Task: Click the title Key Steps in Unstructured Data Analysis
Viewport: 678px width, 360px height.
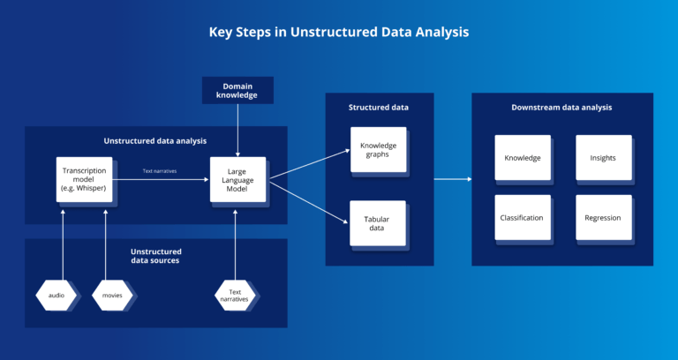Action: pos(339,32)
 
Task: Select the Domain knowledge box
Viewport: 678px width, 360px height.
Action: pos(237,90)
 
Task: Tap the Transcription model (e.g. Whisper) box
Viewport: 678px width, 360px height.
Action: pos(85,179)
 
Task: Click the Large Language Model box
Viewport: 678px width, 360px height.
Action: pos(237,179)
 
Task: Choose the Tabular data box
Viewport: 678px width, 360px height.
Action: pos(378,222)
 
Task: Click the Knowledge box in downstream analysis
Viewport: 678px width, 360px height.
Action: pos(522,158)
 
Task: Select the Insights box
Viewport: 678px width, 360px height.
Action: pos(603,158)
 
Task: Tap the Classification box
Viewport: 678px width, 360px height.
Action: pos(522,217)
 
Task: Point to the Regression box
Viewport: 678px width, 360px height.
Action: pos(603,217)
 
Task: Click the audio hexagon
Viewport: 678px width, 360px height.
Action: pos(56,295)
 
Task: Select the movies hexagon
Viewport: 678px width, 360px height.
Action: pos(112,295)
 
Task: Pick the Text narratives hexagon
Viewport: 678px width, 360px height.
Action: pos(236,295)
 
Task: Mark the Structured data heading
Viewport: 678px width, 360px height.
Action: pos(379,107)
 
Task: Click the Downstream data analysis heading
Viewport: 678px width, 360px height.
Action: pos(561,107)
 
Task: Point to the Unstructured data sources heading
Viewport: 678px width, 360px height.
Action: pos(155,256)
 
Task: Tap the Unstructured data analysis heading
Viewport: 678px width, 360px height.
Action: pos(155,140)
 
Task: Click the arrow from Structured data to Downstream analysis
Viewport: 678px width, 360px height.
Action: pos(452,179)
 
